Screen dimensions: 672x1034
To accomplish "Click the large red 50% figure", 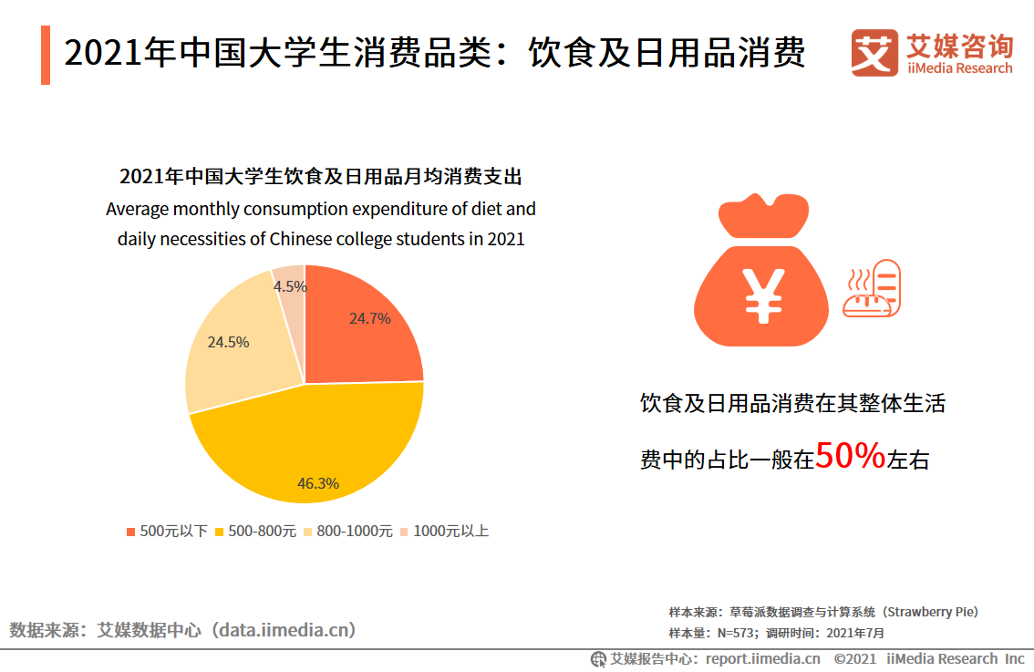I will click(850, 456).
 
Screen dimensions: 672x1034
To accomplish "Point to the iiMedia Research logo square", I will click(874, 53).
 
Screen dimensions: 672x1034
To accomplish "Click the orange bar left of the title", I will click(46, 56).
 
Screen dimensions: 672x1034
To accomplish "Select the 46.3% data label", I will click(318, 483).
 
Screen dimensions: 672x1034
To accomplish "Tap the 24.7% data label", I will click(369, 318).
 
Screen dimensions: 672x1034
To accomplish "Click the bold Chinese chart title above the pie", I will click(321, 176).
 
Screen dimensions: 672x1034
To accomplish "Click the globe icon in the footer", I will click(599, 658).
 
